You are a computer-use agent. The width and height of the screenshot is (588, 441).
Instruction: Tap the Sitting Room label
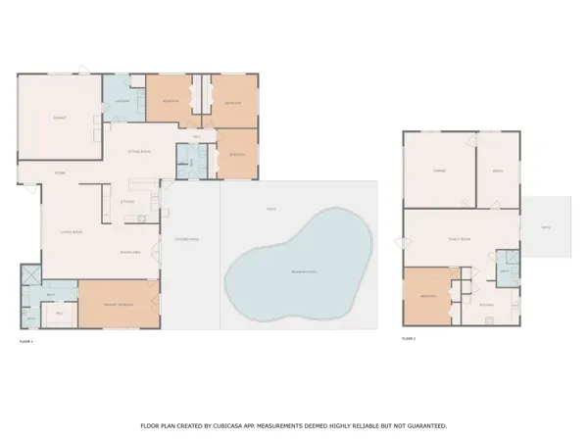pyautogui.click(x=139, y=152)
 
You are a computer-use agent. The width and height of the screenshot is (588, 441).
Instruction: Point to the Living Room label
pyautogui.click(x=69, y=232)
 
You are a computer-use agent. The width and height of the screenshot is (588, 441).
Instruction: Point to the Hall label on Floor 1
pyautogui.click(x=196, y=136)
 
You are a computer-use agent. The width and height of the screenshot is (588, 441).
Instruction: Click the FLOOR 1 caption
pyautogui.click(x=26, y=341)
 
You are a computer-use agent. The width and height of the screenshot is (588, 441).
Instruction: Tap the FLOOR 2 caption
pyautogui.click(x=409, y=338)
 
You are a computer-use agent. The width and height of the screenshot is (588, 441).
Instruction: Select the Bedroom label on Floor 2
pyautogui.click(x=427, y=295)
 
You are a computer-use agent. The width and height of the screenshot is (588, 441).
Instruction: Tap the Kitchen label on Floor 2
pyautogui.click(x=487, y=305)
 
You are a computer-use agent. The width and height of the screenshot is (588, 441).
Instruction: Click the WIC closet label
pyautogui.click(x=60, y=314)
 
